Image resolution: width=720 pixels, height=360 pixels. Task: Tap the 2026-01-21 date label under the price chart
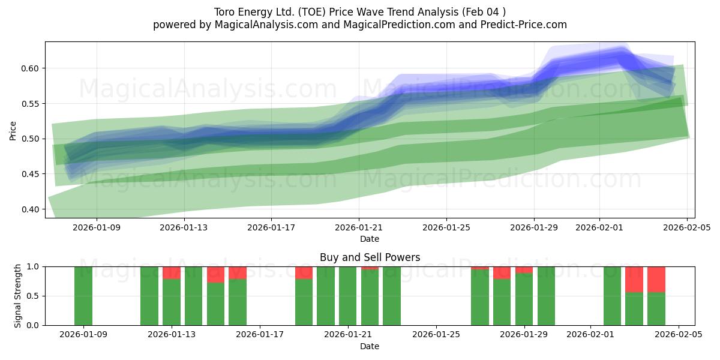(x=359, y=227)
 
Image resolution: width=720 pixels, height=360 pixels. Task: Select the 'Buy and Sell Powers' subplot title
(x=370, y=257)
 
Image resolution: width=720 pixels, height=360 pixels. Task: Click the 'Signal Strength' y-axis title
(x=18, y=296)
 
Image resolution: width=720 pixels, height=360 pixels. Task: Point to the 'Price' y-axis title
(x=13, y=130)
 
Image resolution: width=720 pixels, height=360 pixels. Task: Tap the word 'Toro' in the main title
(x=226, y=12)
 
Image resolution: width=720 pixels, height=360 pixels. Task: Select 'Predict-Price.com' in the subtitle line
(x=522, y=25)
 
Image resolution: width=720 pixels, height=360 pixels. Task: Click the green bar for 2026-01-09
(x=83, y=296)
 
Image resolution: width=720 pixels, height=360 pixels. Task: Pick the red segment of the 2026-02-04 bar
(x=656, y=279)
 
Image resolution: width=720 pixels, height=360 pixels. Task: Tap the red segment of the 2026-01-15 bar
(x=216, y=274)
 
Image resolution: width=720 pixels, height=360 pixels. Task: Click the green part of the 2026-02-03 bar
(x=634, y=309)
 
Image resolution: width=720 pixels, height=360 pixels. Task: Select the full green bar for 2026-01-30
(x=546, y=296)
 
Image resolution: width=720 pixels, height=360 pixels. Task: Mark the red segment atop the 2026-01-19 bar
(x=304, y=272)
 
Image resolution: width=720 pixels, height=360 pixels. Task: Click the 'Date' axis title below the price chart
(x=370, y=239)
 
